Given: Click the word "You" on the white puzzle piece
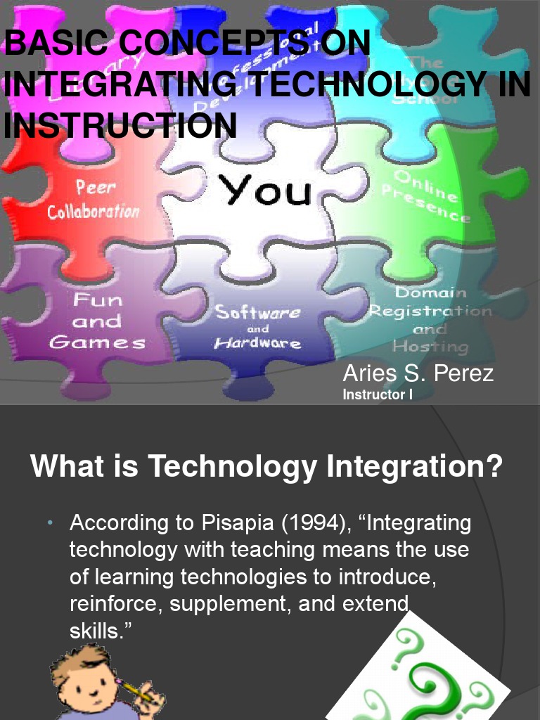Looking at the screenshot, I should point(265,189).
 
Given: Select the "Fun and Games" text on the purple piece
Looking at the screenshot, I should point(97,321).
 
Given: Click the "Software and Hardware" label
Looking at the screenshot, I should point(257,328).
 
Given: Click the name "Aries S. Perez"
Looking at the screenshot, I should point(418,373).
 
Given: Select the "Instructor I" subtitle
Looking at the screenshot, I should point(377,395).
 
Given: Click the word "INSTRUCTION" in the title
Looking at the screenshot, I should point(119,126).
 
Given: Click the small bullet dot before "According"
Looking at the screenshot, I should point(51,524).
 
